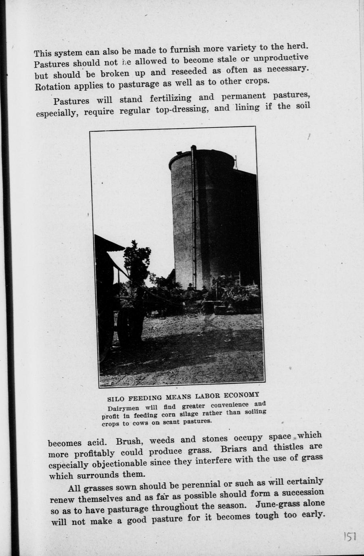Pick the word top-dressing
pyautogui.click(x=182, y=109)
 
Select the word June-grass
pyautogui.click(x=277, y=504)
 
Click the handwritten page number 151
pyautogui.click(x=349, y=536)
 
